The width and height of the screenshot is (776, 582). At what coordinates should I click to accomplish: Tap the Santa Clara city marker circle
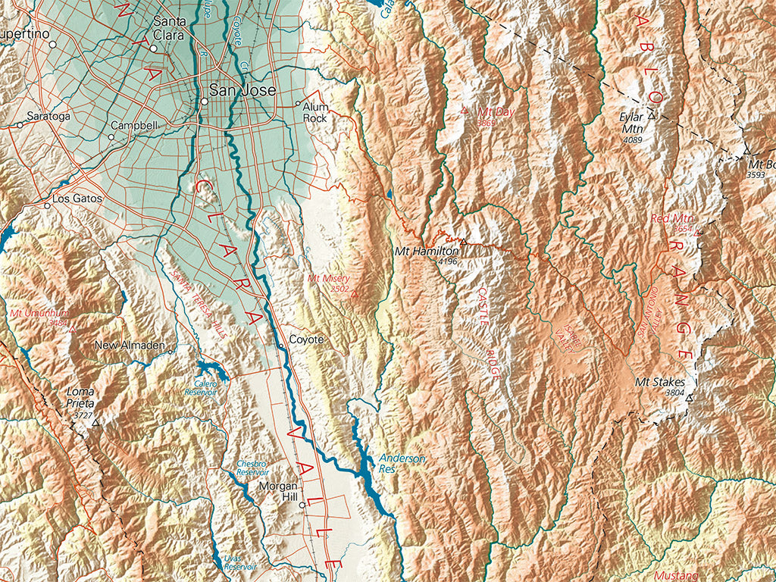[x=153, y=48]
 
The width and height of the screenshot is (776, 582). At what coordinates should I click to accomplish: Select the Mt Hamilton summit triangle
[x=463, y=242]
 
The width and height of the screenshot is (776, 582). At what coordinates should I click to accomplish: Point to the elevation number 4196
[x=448, y=261]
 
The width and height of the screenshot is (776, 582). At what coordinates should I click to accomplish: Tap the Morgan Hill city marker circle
[x=302, y=505]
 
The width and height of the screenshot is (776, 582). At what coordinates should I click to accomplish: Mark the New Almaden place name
[x=130, y=346]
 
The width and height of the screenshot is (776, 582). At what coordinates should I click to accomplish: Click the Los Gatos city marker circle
[x=47, y=205]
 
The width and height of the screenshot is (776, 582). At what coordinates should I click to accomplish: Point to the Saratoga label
[x=48, y=117]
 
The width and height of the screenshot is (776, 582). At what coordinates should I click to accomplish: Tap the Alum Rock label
[x=315, y=113]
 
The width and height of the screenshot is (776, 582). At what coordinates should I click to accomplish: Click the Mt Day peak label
[x=496, y=112]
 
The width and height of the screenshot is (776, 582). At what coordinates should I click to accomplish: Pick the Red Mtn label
[x=668, y=219]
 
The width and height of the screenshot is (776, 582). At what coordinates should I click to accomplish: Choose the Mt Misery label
[x=328, y=278]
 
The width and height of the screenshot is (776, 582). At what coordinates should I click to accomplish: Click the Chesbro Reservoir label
[x=252, y=468]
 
